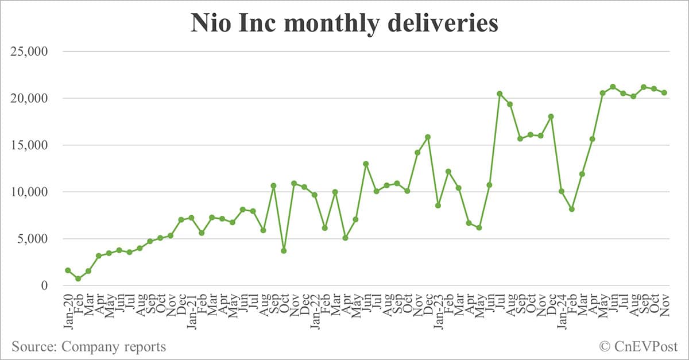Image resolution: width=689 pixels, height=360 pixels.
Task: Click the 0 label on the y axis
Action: tap(51, 286)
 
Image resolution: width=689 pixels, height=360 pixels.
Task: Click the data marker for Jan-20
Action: tap(68, 270)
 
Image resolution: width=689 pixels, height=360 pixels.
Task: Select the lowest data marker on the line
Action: tap(78, 278)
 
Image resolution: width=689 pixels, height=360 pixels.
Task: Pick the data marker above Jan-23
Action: tap(438, 205)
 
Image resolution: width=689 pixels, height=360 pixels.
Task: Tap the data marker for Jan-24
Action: tap(562, 191)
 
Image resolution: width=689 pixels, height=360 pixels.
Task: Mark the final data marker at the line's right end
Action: tap(664, 92)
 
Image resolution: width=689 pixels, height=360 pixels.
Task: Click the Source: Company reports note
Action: tap(88, 346)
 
